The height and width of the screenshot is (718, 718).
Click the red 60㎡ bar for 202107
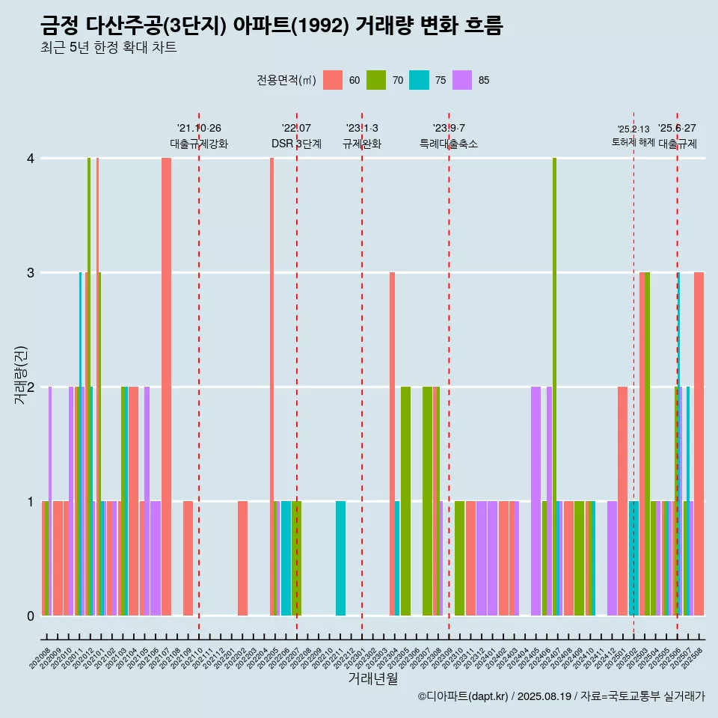(x=166, y=387)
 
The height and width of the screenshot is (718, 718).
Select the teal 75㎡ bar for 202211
(x=340, y=558)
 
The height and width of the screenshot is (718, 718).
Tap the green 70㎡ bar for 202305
(x=405, y=501)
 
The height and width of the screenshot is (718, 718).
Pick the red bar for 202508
(x=699, y=444)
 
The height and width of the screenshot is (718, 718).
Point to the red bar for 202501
(x=622, y=501)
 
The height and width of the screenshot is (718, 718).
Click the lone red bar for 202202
(x=242, y=558)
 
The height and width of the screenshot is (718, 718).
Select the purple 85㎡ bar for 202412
(x=612, y=558)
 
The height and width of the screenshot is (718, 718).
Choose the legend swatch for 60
(x=333, y=80)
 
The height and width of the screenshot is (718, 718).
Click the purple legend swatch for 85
(x=462, y=80)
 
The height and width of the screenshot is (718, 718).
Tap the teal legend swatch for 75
(x=419, y=80)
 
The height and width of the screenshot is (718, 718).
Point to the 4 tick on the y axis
(x=31, y=159)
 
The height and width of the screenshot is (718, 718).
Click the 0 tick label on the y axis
(x=31, y=616)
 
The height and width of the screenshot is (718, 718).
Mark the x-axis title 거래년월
(x=372, y=679)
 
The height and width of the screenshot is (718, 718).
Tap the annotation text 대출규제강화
(x=199, y=144)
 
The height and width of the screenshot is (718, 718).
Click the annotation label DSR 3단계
(x=296, y=144)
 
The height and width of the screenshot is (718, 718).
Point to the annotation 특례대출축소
(x=449, y=144)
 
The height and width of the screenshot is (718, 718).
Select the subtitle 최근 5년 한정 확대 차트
(x=108, y=48)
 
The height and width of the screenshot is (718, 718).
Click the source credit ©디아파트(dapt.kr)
(x=463, y=696)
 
